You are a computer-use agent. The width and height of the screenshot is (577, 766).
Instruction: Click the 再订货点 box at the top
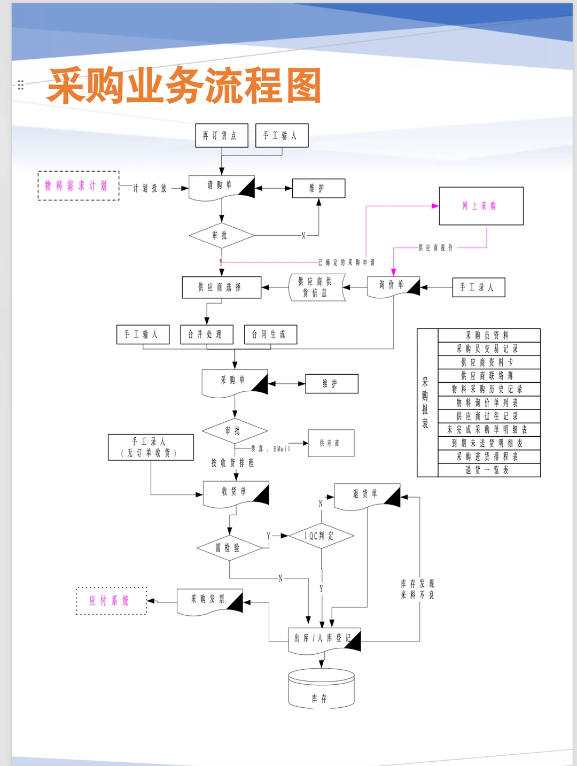pyautogui.click(x=221, y=136)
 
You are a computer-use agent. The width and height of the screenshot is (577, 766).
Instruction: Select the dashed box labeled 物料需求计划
pyautogui.click(x=78, y=186)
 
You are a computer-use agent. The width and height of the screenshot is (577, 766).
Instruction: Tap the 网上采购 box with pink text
pyautogui.click(x=481, y=206)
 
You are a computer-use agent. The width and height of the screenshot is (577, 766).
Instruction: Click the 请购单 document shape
pyautogui.click(x=221, y=187)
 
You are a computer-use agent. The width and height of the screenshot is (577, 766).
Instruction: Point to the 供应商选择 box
pyautogui.click(x=221, y=288)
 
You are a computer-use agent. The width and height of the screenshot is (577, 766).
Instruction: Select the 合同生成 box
pyautogui.click(x=270, y=335)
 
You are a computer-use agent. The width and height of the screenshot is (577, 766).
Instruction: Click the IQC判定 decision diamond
pyautogui.click(x=321, y=536)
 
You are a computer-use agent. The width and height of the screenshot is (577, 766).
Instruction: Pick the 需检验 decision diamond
pyautogui.click(x=229, y=548)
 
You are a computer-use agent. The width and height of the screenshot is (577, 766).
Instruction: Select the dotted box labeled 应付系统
pyautogui.click(x=111, y=601)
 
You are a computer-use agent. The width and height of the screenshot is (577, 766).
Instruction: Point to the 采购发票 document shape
pyautogui.click(x=209, y=601)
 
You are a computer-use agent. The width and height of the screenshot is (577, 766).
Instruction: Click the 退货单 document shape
pyautogui.click(x=367, y=495)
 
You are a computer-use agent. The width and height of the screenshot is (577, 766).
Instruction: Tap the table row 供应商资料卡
pyautogui.click(x=488, y=362)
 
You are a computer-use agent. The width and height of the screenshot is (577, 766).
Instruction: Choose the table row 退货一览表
pyautogui.click(x=488, y=470)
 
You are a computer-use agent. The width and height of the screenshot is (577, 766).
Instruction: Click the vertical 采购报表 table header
pyautogui.click(x=426, y=403)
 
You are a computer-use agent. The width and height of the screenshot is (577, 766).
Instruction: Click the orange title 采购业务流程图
pyautogui.click(x=184, y=86)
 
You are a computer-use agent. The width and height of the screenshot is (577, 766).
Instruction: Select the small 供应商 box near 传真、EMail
pyautogui.click(x=331, y=443)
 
